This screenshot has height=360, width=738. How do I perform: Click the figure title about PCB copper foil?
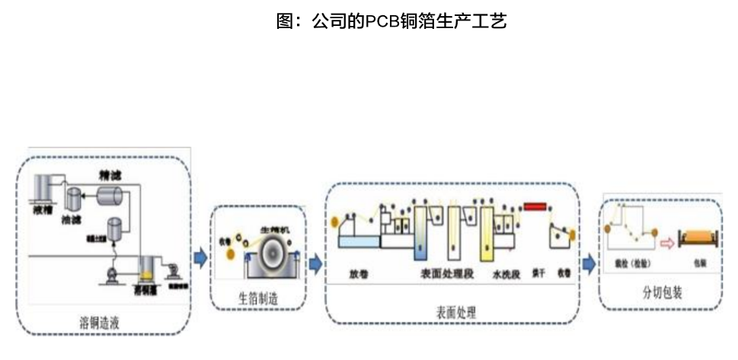391,21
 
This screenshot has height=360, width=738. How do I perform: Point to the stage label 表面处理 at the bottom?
452,312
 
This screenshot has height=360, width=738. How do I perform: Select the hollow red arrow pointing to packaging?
667,244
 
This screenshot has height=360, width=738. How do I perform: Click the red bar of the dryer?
536,206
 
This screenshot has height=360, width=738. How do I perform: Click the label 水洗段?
506,272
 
